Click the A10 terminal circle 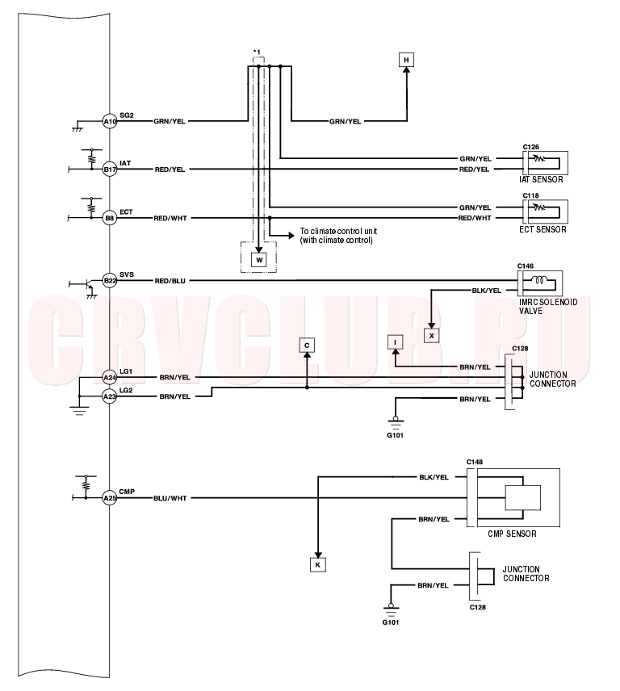[x=110, y=121]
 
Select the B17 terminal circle [x=110, y=170]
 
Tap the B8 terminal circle [x=110, y=218]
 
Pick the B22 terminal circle [x=110, y=280]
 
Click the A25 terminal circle [x=110, y=498]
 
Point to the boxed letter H [x=406, y=60]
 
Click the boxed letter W [x=259, y=260]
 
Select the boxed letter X [x=431, y=336]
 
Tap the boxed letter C [x=307, y=345]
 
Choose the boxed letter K [x=318, y=565]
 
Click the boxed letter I [x=396, y=342]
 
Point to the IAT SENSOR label [x=541, y=179]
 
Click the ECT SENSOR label [x=542, y=229]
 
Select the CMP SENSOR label [x=512, y=534]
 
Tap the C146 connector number [x=526, y=266]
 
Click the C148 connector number [x=475, y=462]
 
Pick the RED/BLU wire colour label [x=170, y=281]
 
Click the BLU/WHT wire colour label [x=170, y=498]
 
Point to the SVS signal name [x=127, y=274]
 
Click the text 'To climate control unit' [x=338, y=231]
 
